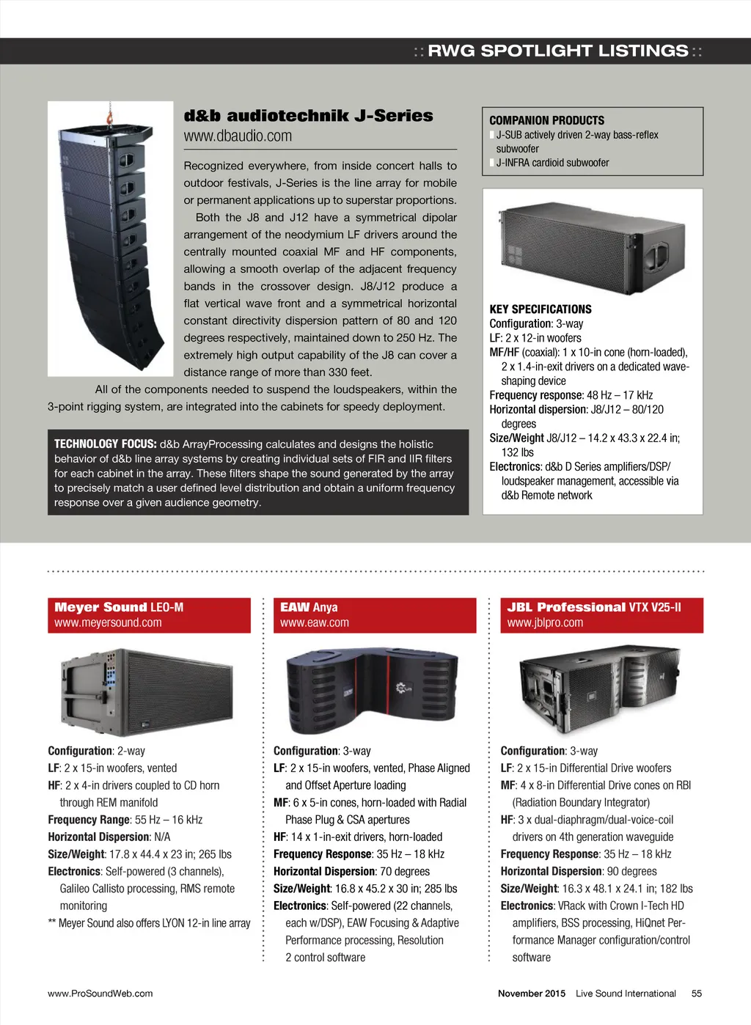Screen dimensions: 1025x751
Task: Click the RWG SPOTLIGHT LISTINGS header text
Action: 557,51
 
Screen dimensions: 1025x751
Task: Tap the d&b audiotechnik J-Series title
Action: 308,116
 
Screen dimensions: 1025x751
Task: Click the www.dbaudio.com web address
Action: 238,136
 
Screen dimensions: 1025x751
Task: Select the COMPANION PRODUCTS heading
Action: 546,120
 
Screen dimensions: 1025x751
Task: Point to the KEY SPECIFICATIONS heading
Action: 540,309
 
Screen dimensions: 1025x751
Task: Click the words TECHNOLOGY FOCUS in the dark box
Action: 105,444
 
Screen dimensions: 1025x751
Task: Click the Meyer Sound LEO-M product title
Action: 119,607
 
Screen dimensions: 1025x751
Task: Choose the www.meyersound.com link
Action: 108,622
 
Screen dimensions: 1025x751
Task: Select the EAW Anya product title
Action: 309,607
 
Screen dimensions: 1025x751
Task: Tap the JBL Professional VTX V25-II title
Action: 593,607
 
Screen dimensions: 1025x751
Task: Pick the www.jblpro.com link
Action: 545,622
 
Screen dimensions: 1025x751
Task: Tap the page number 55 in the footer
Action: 696,993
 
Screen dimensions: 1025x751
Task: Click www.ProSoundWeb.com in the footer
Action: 100,993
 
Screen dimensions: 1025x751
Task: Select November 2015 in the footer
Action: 531,993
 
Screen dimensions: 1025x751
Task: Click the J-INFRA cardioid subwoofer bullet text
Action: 552,163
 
